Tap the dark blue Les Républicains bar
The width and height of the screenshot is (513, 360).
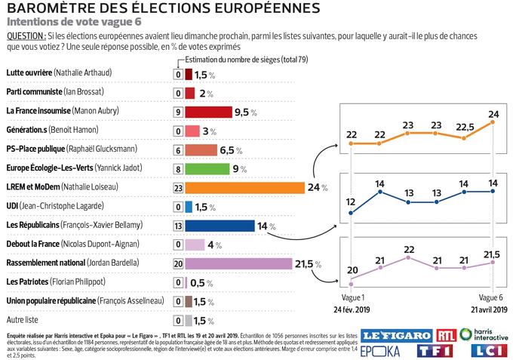coord(220,225)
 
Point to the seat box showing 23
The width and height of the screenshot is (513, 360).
coord(178,187)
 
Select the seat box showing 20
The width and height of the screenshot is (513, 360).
coord(178,263)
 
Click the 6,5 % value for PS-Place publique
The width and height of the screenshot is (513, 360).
coord(230,149)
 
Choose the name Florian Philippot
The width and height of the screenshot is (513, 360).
coord(82,282)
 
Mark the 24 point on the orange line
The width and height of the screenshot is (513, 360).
coord(493,122)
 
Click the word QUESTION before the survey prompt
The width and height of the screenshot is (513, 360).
coord(25,36)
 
